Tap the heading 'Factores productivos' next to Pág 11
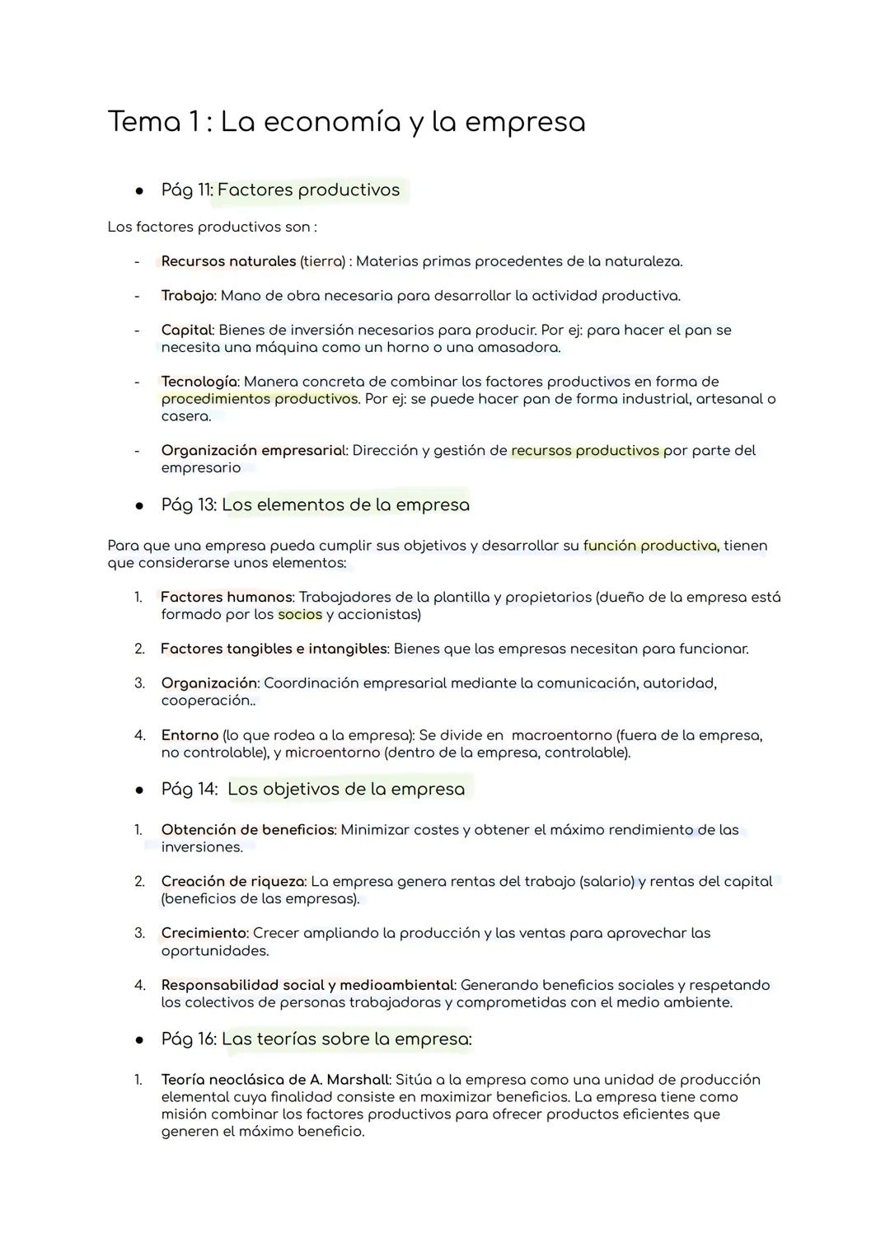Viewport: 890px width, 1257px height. (308, 190)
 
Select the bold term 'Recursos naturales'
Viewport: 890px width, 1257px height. (228, 261)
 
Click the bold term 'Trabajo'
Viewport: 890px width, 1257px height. (187, 295)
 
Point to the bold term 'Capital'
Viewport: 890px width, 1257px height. (186, 330)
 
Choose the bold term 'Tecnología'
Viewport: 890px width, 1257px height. (199, 382)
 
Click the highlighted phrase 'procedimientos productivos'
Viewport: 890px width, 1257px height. (260, 399)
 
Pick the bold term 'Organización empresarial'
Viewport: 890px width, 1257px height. (253, 451)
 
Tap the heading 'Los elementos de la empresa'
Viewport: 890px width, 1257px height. (345, 504)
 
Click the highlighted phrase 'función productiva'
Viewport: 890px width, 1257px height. (650, 546)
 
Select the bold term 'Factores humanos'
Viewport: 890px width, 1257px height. (227, 597)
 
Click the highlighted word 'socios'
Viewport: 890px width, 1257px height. (300, 614)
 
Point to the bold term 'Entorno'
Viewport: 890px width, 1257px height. (190, 735)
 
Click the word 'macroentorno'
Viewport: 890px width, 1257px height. (561, 735)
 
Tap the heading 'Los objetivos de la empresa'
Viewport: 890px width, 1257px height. (346, 789)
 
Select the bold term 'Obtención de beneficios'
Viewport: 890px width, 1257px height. (248, 830)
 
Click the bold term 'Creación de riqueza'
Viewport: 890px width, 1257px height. (233, 882)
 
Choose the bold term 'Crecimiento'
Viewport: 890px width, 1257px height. (204, 933)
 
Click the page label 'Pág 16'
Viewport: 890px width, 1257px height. (189, 1039)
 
